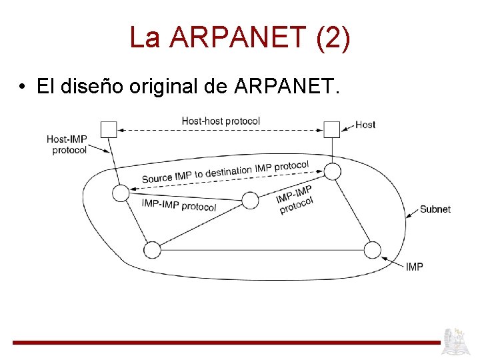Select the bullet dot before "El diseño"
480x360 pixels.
(23, 87)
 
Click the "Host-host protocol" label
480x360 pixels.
(221, 121)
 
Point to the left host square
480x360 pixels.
(108, 129)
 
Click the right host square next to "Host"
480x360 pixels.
(331, 129)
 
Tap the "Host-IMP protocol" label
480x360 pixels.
(67, 145)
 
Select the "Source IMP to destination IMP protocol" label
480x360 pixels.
(225, 172)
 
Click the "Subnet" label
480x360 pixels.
(435, 209)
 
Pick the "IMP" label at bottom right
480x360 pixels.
(414, 267)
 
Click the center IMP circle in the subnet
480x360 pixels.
(250, 200)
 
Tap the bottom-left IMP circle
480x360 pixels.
(152, 250)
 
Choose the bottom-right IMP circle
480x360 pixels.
(373, 250)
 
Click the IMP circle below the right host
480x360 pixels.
(332, 171)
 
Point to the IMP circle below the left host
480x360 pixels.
(120, 193)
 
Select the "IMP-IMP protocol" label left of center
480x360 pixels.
(179, 205)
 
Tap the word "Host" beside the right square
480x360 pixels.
(365, 125)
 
